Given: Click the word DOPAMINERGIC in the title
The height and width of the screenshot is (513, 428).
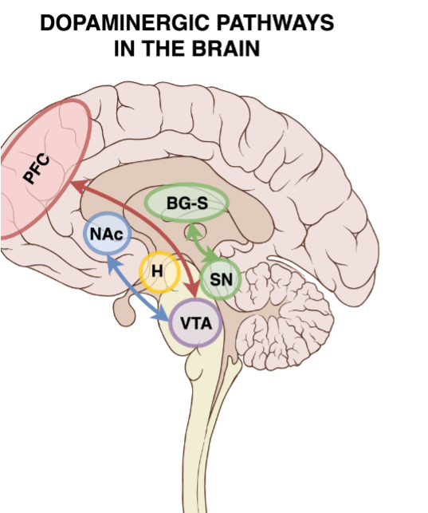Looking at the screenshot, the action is click(125, 23).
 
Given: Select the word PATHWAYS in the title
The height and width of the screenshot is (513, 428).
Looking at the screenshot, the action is click(275, 23).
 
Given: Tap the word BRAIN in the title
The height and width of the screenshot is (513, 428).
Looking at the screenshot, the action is click(226, 49).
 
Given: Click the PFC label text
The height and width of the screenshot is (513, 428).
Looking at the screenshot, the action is click(37, 168).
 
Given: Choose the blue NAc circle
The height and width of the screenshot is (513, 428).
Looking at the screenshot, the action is click(107, 233).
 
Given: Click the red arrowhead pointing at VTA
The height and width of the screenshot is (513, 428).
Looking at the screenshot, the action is click(193, 290).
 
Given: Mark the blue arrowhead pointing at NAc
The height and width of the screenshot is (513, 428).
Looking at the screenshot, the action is click(112, 262).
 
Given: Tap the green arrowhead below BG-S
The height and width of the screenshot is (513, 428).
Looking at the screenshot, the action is click(194, 230).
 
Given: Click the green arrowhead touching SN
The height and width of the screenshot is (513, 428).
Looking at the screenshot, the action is click(210, 257).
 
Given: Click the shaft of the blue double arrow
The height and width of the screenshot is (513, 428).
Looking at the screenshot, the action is click(137, 288).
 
